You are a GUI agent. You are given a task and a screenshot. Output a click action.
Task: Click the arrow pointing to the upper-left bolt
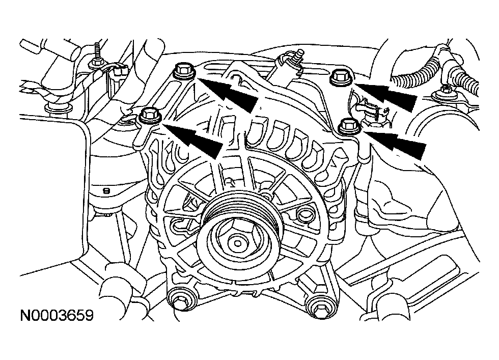pos(226,92)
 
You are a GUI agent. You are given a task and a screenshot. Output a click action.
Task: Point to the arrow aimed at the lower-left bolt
pos(192,140)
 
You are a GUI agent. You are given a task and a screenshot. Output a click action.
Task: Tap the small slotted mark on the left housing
pos(106,191)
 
